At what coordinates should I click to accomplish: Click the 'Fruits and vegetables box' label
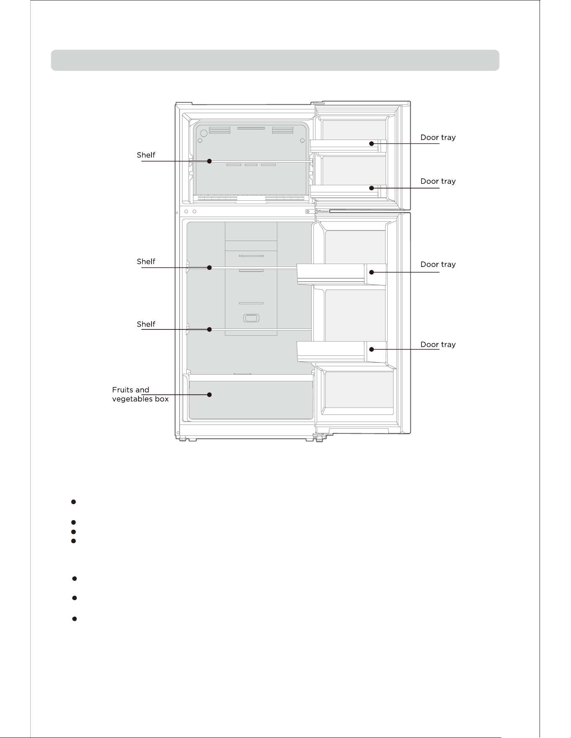point(140,394)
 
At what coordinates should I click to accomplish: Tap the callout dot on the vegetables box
point(209,394)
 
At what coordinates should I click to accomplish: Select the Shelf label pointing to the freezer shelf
point(146,155)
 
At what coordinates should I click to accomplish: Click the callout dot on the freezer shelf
point(209,161)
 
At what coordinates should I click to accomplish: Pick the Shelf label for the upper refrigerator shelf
point(146,262)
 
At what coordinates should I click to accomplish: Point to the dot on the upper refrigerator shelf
point(209,267)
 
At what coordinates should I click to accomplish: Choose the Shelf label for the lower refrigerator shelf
point(146,324)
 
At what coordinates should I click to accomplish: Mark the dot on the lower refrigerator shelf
point(209,329)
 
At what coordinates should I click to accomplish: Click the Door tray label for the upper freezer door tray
point(438,137)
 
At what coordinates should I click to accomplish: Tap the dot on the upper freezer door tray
point(371,143)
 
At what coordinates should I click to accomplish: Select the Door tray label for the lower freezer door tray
point(438,181)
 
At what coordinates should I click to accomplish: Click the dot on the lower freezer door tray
point(371,188)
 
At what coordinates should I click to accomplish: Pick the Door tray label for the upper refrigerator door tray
point(438,264)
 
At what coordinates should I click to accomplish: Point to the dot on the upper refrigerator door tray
point(371,272)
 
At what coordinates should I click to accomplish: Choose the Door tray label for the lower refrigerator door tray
point(438,344)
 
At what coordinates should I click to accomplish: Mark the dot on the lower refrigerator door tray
point(371,349)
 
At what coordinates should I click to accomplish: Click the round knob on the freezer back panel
point(203,133)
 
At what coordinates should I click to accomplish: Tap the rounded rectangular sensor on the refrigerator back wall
point(251,319)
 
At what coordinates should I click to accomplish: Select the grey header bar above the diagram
point(275,60)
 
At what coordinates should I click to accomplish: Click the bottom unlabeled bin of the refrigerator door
point(359,390)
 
